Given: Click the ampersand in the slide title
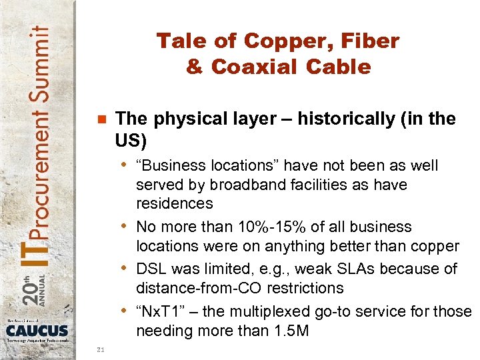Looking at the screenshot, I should [x=196, y=67].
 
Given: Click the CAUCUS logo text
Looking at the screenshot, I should [x=38, y=329].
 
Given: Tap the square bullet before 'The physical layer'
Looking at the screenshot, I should [x=101, y=121].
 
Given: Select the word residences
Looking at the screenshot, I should [x=175, y=203].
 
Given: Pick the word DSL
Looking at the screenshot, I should [x=151, y=269].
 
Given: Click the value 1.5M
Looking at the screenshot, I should [x=289, y=331].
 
